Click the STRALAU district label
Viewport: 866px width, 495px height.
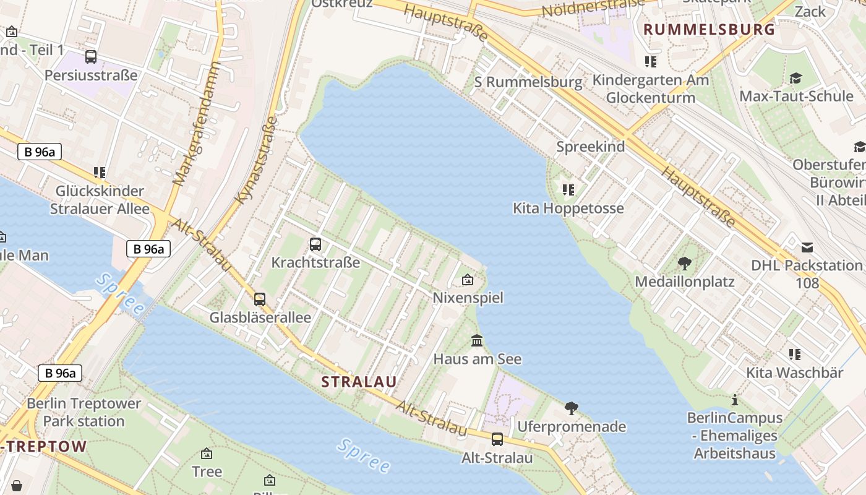(359, 382)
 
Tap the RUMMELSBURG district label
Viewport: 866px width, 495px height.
(709, 29)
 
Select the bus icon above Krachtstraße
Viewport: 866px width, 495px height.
(315, 244)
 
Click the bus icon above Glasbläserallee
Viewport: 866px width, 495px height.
(260, 299)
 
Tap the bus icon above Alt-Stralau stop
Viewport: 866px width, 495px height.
(497, 439)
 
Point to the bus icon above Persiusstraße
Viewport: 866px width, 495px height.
(91, 57)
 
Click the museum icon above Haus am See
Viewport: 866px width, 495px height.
(477, 340)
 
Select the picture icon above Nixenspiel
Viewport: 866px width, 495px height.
(468, 280)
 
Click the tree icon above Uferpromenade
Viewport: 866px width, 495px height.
(572, 408)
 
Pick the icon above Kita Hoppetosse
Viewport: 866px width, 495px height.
(568, 189)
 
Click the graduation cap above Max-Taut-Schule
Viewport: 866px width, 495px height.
(795, 78)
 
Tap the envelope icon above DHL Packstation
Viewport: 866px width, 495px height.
(807, 247)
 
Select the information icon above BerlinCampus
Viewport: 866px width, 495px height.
(735, 400)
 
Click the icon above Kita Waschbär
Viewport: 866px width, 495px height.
(794, 355)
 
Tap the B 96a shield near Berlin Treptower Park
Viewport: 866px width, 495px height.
(61, 373)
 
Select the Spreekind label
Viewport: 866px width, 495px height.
(590, 147)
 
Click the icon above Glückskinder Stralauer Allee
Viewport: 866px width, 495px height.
(100, 172)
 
